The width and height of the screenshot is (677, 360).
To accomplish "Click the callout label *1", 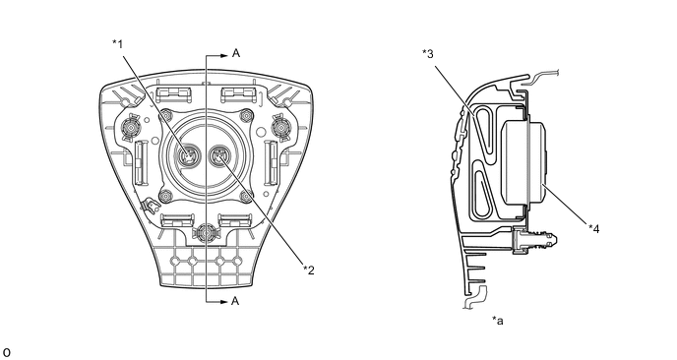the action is click(x=117, y=44).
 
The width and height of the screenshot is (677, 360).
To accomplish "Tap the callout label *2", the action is click(x=309, y=270).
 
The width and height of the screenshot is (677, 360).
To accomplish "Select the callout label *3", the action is click(x=428, y=54).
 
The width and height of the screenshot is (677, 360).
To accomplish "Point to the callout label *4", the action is click(x=594, y=229).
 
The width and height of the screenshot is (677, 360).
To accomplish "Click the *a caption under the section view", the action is click(x=497, y=321).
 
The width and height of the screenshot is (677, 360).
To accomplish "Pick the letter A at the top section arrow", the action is click(x=236, y=53).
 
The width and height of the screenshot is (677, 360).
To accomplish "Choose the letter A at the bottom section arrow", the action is click(x=235, y=301).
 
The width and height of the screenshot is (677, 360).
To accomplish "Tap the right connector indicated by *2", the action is click(x=218, y=154).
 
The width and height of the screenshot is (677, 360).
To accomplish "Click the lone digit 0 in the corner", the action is click(x=6, y=353).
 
